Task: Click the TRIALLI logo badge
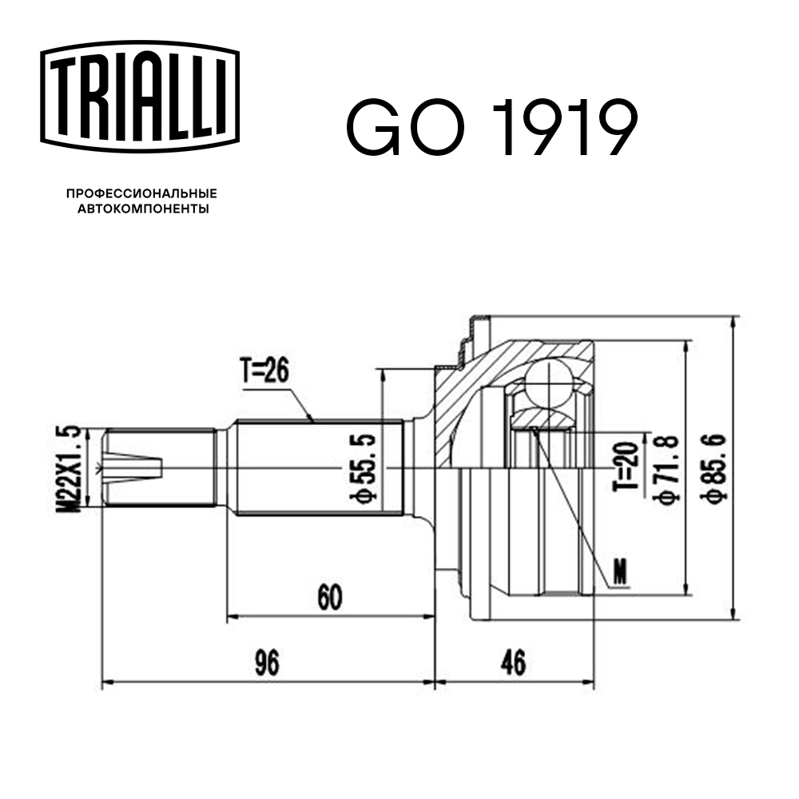pos(140,95)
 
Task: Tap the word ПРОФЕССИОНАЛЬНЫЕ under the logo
pos(141,194)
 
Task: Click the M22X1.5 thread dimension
pos(71,467)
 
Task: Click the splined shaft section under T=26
pos(320,467)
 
